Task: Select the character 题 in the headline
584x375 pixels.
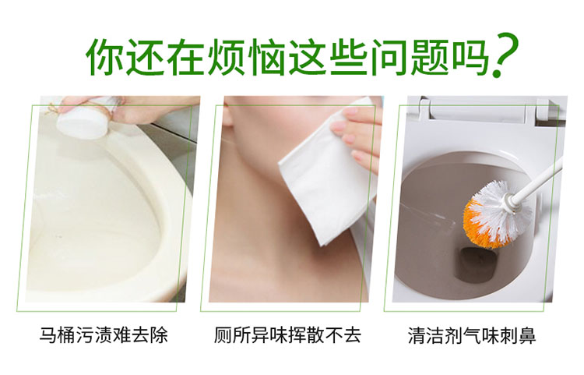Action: pos(429,57)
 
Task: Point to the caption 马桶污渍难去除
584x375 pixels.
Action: pos(104,334)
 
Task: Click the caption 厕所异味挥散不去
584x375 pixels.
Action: pos(287,334)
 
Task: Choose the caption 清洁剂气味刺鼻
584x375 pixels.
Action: pos(472,334)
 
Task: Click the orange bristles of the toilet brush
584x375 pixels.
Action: pos(480,224)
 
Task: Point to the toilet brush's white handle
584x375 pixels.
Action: pos(537,181)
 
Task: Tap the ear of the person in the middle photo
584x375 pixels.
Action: pos(227,112)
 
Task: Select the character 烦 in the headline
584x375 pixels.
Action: pos(226,57)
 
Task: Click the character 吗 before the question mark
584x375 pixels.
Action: pos(470,57)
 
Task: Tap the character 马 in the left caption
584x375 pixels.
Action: pos(48,334)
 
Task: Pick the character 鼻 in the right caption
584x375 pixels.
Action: pos(527,334)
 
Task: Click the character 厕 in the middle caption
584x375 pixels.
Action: pos(223,334)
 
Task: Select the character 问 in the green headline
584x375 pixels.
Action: pos(389,57)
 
